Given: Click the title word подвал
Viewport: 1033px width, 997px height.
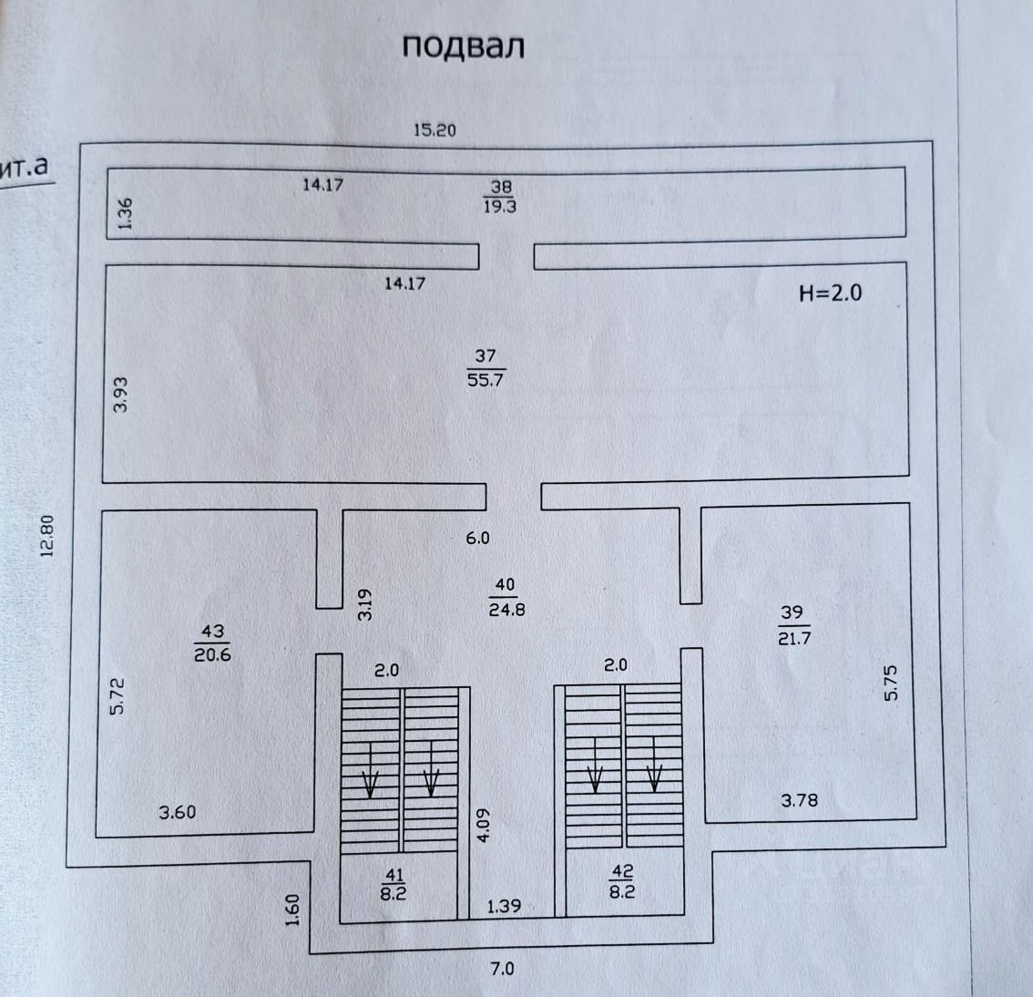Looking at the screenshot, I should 463,46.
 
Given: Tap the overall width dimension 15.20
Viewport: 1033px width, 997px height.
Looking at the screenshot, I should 435,129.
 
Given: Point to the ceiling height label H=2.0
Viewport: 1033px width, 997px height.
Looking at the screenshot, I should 829,293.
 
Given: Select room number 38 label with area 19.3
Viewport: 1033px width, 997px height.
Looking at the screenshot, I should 500,196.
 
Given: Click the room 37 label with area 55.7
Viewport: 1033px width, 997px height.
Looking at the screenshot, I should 486,367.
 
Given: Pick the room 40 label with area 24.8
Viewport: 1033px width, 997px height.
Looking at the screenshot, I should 506,597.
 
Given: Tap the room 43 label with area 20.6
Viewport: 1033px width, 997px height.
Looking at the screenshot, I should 212,642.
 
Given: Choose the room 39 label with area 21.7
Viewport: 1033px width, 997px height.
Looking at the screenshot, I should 793,625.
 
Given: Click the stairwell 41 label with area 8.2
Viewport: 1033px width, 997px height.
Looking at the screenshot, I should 394,884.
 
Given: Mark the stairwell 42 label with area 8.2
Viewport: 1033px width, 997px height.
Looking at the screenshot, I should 622,883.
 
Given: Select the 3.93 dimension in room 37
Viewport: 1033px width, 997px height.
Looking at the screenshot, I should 121,394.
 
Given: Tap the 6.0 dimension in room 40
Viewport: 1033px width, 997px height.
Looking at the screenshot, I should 477,538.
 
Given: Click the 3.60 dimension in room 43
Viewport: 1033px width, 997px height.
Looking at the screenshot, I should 178,812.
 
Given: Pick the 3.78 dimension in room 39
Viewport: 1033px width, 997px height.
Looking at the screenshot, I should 800,800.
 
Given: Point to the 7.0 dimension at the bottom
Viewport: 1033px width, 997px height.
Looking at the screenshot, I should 503,969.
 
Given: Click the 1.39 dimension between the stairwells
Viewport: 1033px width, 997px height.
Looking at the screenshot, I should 504,906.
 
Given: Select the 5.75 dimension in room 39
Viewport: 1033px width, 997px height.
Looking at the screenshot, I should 891,683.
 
